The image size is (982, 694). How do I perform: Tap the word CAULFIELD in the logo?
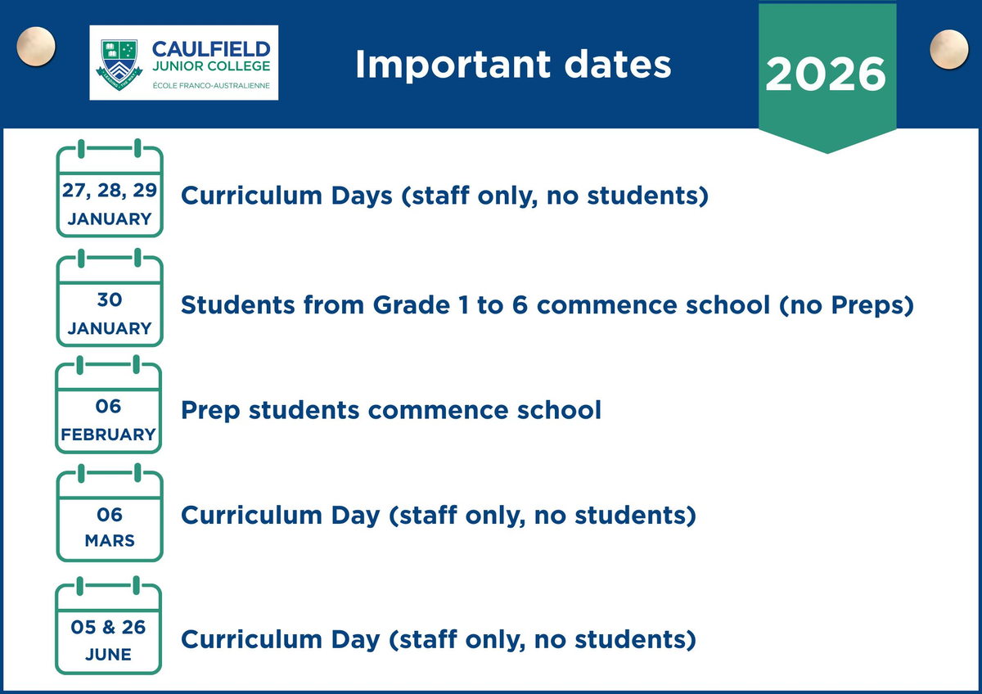pos(211,50)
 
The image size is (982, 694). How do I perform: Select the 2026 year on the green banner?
pos(826,74)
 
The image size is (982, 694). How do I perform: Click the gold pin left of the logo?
pos(36,47)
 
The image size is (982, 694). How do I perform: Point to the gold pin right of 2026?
pos(949,50)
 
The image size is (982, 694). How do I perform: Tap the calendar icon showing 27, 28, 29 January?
pos(110,188)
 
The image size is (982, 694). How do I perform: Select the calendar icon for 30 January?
pos(110,298)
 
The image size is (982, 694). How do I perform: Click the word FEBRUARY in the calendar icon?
pos(108,435)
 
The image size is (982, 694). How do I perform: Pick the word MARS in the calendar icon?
pos(110,541)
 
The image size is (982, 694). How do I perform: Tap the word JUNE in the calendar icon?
pos(108,655)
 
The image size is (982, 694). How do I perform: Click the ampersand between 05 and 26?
pos(108,628)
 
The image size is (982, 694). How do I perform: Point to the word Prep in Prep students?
pos(210,411)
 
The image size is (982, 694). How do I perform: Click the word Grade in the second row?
pos(411,304)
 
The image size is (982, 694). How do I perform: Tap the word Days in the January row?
pos(362,196)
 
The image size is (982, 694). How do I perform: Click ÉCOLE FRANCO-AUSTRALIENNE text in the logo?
pos(211,85)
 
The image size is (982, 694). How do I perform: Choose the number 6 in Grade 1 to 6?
pos(520,304)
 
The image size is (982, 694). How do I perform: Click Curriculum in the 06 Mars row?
pos(252,515)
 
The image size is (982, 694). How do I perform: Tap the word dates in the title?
pos(618,65)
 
